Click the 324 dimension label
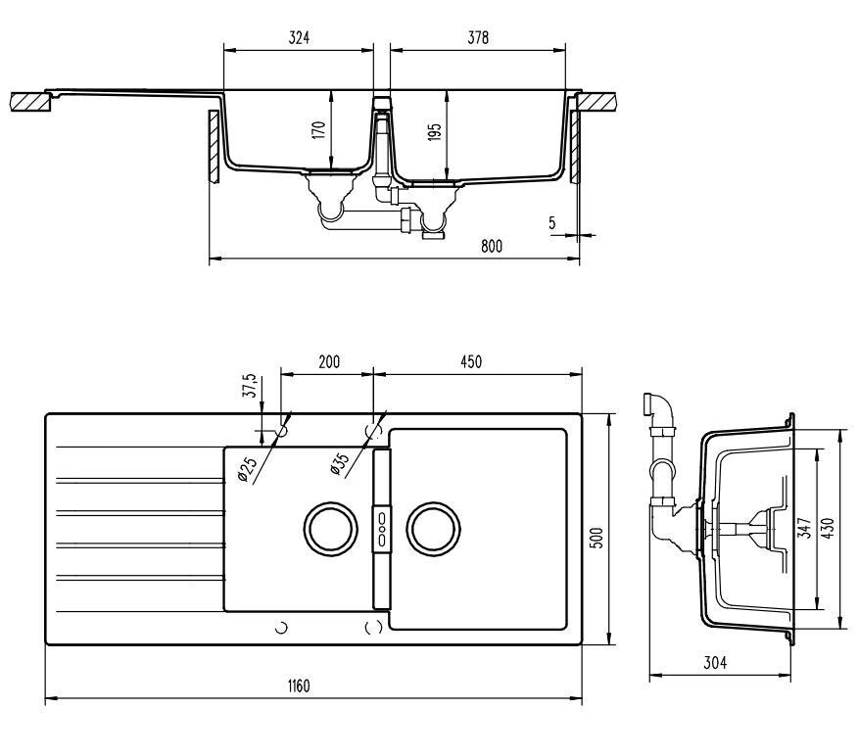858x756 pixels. point(299,37)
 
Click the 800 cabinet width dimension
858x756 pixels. point(491,247)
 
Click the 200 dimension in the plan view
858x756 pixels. point(328,361)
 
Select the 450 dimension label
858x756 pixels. point(470,361)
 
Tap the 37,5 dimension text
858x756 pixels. point(251,386)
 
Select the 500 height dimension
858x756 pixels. point(596,537)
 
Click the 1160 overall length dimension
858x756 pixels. point(299,685)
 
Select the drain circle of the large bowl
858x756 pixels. point(432,528)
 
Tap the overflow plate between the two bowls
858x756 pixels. point(381,528)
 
